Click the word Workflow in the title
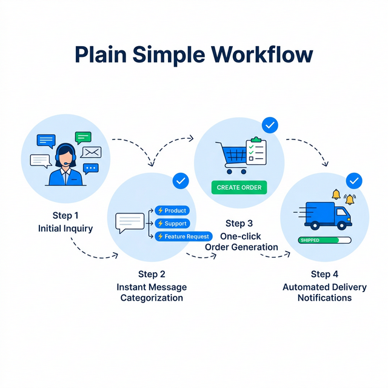(x=262, y=55)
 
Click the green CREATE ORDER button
(x=239, y=187)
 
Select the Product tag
(x=172, y=210)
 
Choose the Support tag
(x=172, y=224)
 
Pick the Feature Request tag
(x=183, y=236)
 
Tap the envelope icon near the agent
(x=91, y=152)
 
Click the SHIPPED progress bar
(x=325, y=240)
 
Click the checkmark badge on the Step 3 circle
(x=270, y=125)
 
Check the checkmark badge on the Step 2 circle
(x=181, y=180)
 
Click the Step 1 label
(x=65, y=215)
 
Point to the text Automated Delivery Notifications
(x=324, y=292)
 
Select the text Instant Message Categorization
(x=152, y=292)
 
